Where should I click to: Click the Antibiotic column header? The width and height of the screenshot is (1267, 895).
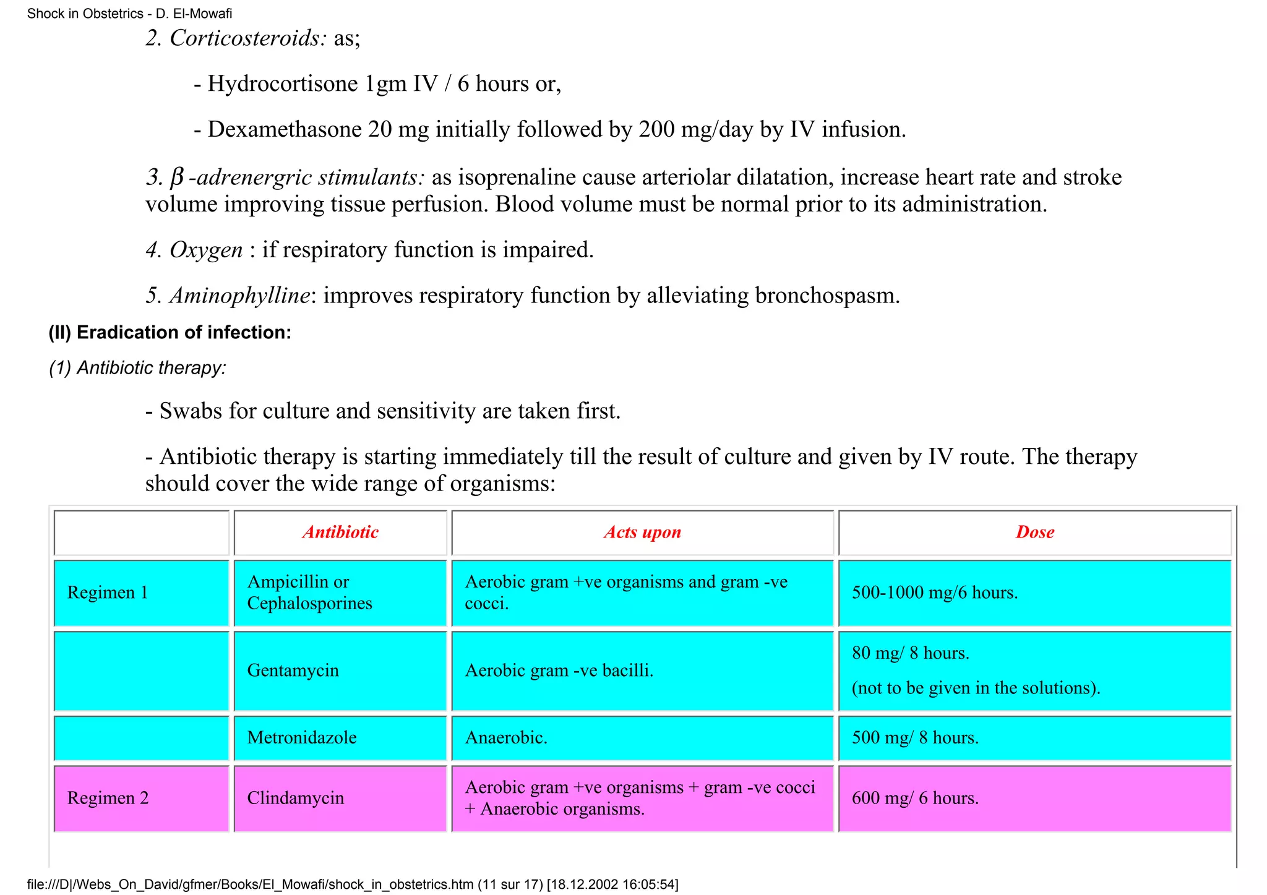[x=340, y=533]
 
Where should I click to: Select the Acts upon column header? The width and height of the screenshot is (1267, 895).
[x=642, y=533]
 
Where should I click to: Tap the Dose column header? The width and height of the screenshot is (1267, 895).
[x=1034, y=533]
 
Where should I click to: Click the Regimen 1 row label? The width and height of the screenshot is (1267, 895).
[x=108, y=593]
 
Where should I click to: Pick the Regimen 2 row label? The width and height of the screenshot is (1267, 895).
[x=108, y=798]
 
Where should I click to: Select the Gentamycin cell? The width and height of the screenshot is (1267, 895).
[x=293, y=670]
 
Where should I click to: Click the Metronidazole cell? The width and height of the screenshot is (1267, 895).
[x=301, y=737]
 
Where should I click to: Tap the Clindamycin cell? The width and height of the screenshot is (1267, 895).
[x=295, y=798]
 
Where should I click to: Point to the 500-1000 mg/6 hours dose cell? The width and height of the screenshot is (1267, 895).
[x=934, y=593]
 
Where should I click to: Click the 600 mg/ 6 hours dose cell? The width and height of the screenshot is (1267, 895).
[x=915, y=798]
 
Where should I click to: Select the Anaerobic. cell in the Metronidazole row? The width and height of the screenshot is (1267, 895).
[x=505, y=737]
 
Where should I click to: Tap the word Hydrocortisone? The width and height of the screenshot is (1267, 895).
[x=283, y=84]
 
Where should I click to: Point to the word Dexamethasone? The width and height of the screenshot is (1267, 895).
[x=285, y=129]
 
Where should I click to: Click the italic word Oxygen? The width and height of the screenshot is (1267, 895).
[x=206, y=250]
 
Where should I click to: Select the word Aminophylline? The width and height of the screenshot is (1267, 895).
[x=239, y=296]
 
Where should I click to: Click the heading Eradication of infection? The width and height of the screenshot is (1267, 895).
[x=183, y=333]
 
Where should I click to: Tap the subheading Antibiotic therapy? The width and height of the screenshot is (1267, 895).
[x=151, y=368]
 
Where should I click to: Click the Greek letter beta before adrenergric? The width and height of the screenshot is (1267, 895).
[x=176, y=178]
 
